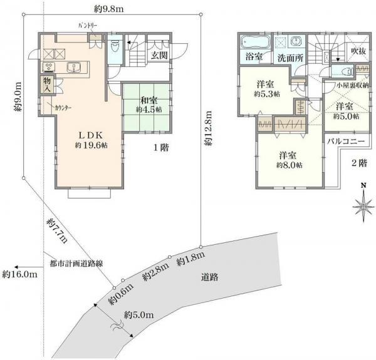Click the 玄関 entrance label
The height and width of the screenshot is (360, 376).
[159, 55]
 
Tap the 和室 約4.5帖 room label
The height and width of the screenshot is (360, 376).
[149, 105]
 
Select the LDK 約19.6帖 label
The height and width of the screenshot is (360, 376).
[91, 140]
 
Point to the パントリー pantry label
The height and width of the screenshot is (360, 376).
[88, 26]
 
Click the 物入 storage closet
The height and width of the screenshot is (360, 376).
[47, 85]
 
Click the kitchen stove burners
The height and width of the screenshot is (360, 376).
[49, 67]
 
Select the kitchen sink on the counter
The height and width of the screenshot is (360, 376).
[74, 67]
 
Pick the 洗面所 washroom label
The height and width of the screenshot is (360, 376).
[290, 58]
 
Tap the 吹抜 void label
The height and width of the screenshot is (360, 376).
[358, 51]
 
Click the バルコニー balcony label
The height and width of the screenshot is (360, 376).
[346, 141]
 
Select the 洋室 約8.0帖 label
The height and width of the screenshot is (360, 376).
[289, 160]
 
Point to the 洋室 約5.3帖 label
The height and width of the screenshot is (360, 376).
[267, 89]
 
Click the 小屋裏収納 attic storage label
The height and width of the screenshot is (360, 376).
[353, 86]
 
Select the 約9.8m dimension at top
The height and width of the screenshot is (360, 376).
[109, 9]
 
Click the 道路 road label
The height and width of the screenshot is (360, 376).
[209, 277]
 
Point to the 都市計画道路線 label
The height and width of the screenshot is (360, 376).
[76, 264]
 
